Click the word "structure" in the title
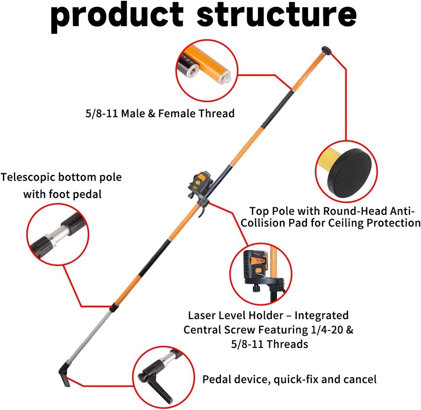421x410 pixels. pyautogui.click(x=277, y=16)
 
